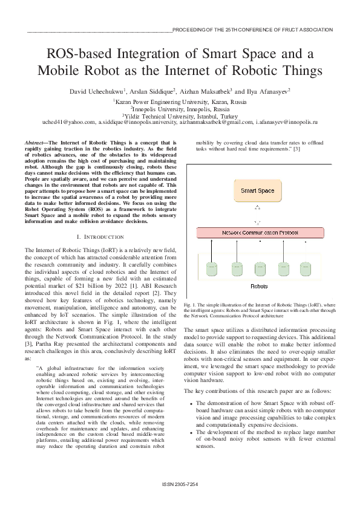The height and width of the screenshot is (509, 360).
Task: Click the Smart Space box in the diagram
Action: click(257, 190)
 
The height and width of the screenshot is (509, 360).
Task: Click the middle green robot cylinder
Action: click(258, 268)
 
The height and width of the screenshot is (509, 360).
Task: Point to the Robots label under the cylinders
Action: click(259, 286)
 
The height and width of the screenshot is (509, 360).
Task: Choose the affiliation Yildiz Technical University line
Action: click(180, 115)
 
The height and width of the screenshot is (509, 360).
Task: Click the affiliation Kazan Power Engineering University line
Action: click(180, 102)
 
